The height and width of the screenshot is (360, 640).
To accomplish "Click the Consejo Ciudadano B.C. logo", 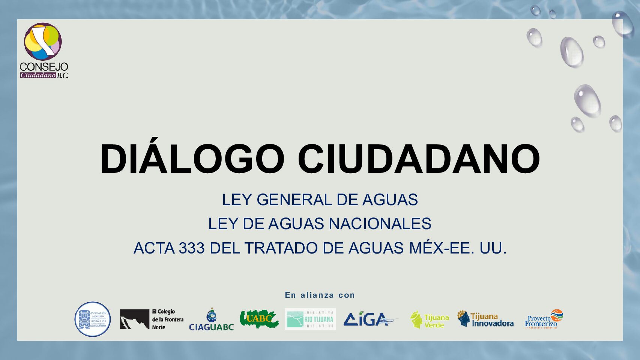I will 44,50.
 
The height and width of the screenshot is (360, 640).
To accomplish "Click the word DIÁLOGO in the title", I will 192,159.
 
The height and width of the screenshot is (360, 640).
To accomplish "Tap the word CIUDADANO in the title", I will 418,159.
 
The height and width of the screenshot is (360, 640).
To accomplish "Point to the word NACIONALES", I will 380,224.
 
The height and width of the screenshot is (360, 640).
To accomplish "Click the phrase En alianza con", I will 320,295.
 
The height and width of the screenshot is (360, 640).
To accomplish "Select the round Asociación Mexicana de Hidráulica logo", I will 93,319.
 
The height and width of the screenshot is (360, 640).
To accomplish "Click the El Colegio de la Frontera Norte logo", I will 152,319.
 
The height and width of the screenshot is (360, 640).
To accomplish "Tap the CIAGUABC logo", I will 211,320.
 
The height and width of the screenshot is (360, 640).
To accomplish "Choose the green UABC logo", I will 259,319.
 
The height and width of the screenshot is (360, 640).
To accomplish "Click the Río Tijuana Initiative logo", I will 310,319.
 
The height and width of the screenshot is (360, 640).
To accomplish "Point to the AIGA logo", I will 370,319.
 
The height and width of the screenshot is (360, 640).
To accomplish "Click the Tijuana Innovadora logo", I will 485,319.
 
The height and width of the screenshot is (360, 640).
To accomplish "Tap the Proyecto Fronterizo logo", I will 544,319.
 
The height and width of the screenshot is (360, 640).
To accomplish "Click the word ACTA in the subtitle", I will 154,248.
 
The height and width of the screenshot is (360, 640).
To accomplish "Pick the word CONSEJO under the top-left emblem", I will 44,67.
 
